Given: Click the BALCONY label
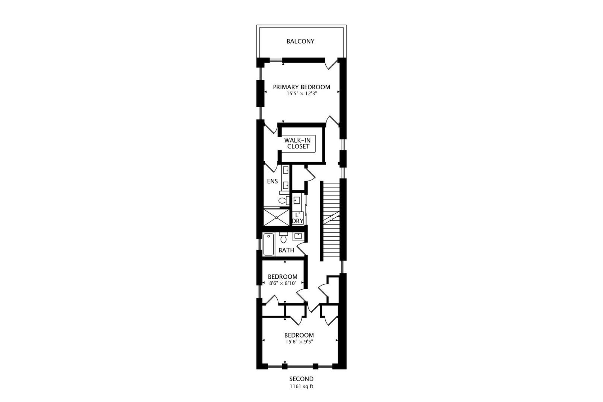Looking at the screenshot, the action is pyautogui.click(x=300, y=41).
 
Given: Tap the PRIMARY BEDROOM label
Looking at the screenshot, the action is pyautogui.click(x=301, y=87).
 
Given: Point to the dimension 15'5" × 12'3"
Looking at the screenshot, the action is pyautogui.click(x=302, y=94).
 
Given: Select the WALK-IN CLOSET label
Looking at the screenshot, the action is pyautogui.click(x=298, y=144).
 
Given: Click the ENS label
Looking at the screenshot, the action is pyautogui.click(x=272, y=182).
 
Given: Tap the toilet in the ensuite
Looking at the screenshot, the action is pyautogui.click(x=284, y=200).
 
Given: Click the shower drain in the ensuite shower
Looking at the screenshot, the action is pyautogui.click(x=277, y=217).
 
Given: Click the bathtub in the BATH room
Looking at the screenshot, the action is pyautogui.click(x=268, y=245).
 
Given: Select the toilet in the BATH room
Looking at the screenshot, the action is pyautogui.click(x=284, y=237).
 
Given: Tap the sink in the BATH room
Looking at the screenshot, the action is pyautogui.click(x=298, y=236).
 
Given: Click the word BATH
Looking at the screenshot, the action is pyautogui.click(x=287, y=251).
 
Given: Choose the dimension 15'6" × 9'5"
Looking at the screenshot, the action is pyautogui.click(x=299, y=342).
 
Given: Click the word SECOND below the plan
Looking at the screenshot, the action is pyautogui.click(x=301, y=379).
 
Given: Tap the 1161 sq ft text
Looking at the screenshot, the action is pyautogui.click(x=301, y=387).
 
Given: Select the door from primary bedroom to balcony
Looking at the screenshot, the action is pyautogui.click(x=332, y=64).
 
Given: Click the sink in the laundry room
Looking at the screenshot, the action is pyautogui.click(x=297, y=200).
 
